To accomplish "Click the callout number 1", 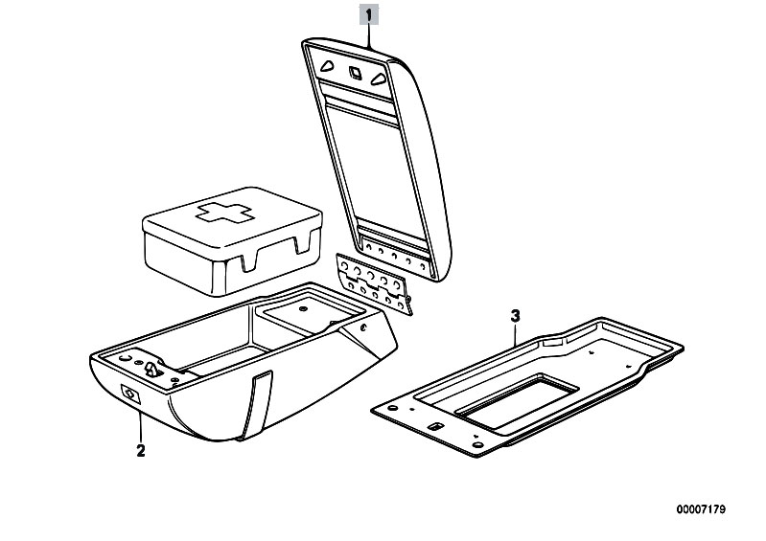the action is [x=369, y=14].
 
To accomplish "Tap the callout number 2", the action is [x=141, y=450].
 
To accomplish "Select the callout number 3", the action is [x=515, y=316].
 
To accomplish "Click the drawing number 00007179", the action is [x=701, y=509].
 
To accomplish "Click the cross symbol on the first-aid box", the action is [x=224, y=213].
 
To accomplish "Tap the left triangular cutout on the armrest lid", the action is [x=327, y=65].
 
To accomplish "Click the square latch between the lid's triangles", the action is [x=354, y=72].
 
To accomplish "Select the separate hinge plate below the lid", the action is [x=374, y=283].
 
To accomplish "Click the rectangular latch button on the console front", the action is [x=130, y=394].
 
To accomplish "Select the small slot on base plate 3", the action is [x=434, y=426].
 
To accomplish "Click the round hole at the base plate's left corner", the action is [x=391, y=408].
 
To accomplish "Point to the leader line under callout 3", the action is [x=515, y=334].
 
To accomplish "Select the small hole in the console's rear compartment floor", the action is [x=303, y=309].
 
